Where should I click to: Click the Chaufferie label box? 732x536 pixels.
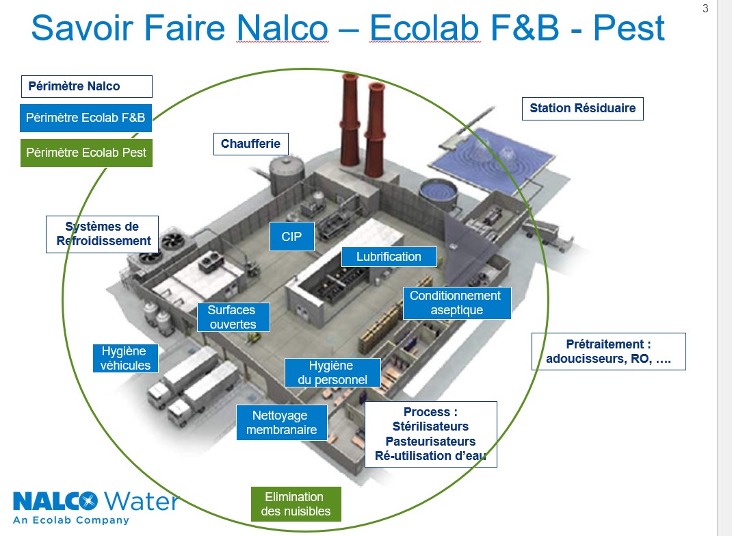click(x=250, y=144)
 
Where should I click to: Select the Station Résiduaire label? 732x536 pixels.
click(x=582, y=108)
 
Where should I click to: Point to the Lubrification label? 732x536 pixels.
click(x=389, y=257)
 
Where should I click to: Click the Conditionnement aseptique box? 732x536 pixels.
click(x=456, y=303)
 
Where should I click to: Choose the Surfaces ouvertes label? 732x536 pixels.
click(x=233, y=318)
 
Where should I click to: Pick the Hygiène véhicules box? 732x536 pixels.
click(x=125, y=358)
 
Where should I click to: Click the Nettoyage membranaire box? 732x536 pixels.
click(x=281, y=422)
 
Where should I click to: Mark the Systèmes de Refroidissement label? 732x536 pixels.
click(x=103, y=234)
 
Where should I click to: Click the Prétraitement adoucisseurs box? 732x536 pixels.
click(x=608, y=351)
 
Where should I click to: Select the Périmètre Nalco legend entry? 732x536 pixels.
click(x=86, y=86)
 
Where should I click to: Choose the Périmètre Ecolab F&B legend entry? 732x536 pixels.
click(x=86, y=118)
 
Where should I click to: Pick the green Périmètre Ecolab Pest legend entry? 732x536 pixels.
click(x=86, y=153)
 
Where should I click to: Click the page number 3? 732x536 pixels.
click(x=705, y=9)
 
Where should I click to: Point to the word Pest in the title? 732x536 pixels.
click(x=629, y=29)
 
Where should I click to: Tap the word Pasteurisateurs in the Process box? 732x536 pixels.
click(x=430, y=442)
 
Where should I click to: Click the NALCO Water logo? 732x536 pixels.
click(x=95, y=506)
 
